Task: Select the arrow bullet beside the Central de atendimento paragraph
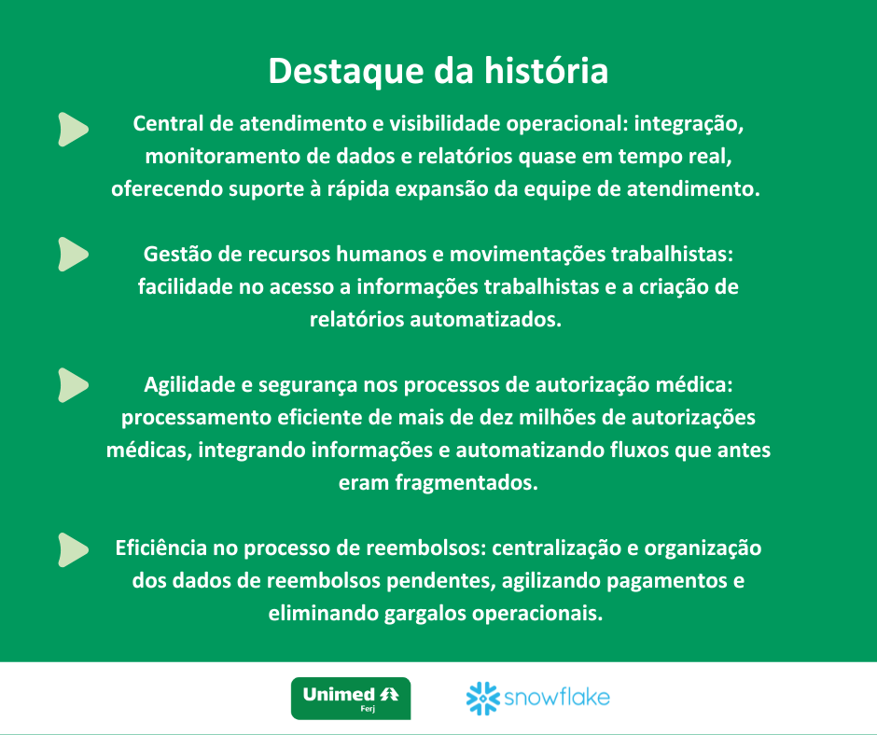[x=74, y=130]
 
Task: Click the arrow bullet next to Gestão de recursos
[x=74, y=254]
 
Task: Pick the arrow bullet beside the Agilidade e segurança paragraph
[x=74, y=385]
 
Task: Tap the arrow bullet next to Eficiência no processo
[x=74, y=550]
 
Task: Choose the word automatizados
[x=485, y=319]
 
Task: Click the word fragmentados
[x=466, y=483]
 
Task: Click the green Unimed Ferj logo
[x=351, y=698]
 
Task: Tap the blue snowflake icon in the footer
[x=482, y=698]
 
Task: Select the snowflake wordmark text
[x=557, y=697]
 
